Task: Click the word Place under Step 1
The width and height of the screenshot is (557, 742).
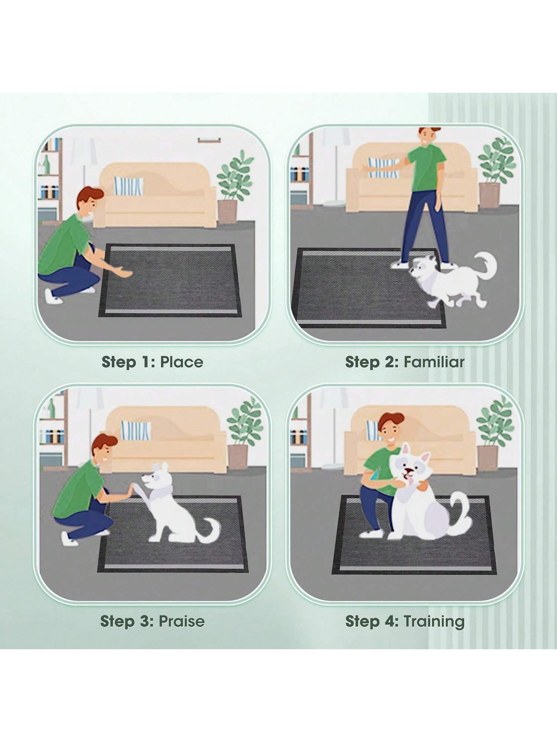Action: (x=182, y=362)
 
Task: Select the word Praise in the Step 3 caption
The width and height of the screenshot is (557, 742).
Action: (x=182, y=621)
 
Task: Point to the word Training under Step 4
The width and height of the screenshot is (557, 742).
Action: (x=434, y=621)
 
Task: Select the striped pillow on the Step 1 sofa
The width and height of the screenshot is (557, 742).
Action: (x=128, y=186)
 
